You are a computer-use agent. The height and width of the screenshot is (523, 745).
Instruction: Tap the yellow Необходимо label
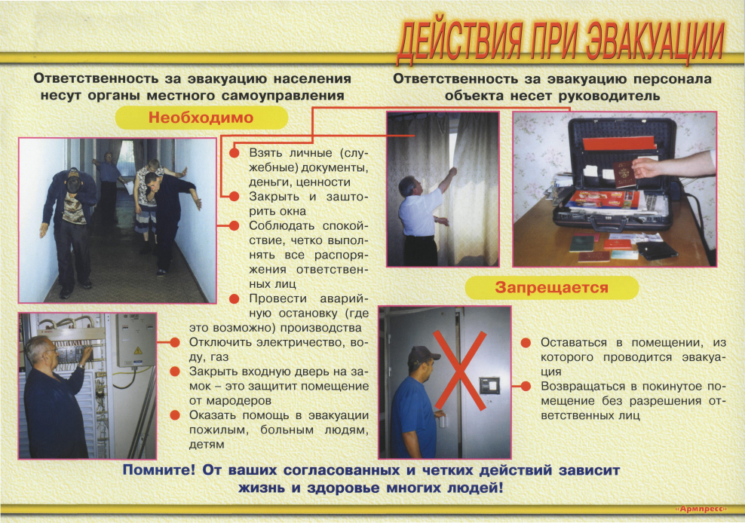(x=201, y=118)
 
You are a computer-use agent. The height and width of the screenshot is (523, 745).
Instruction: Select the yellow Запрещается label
(x=551, y=287)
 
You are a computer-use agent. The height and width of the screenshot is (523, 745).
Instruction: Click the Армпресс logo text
(x=700, y=509)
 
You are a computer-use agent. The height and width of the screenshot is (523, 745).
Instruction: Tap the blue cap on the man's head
(x=424, y=354)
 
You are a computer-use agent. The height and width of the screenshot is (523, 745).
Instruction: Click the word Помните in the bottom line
(x=161, y=471)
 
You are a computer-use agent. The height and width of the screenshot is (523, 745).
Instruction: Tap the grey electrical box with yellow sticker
(x=136, y=340)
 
